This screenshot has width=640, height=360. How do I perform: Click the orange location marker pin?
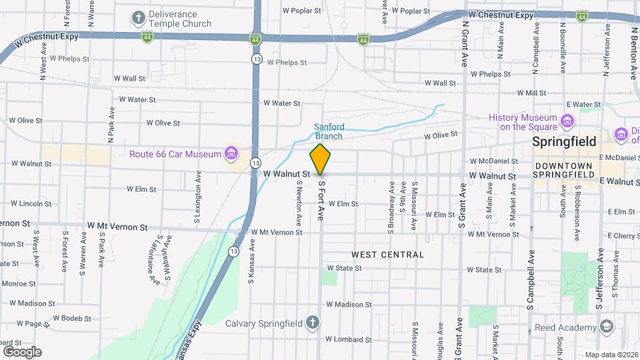coord(320,159)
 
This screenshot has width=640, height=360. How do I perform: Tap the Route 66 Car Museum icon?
coord(231,154)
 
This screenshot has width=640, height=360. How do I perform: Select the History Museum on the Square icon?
coord(567,121)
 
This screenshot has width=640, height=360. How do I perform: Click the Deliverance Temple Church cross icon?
coord(139,18)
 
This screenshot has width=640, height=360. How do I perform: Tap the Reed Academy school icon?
coord(606,327)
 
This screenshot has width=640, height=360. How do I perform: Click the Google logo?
coord(22,351)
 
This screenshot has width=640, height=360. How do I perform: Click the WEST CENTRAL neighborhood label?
coord(387,255)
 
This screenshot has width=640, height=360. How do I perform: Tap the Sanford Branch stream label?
coord(329,131)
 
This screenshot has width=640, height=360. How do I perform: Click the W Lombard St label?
coord(349,339)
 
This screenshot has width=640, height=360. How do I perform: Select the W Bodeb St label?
coord(71,318)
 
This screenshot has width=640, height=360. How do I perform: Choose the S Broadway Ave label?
coord(391,198)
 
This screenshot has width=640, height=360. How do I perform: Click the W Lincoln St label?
coord(21,203)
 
